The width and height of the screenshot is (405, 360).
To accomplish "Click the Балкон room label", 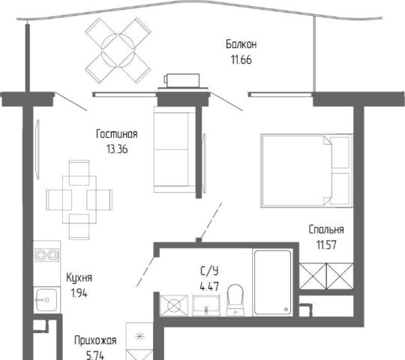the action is point(241,44).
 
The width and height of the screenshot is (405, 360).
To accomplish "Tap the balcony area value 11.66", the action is point(241,60).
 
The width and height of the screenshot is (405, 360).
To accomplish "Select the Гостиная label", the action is point(117,134).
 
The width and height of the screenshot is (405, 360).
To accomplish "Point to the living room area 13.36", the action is point(117,149).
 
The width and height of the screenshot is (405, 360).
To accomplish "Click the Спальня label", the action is point(326,229).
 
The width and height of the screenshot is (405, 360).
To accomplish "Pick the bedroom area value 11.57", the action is point(326,244).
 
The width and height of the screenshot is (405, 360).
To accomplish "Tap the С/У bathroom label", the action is point(209,271).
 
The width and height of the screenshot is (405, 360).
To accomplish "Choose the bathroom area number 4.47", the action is point(209,286).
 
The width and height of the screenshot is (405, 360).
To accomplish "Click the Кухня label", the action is point(79,278).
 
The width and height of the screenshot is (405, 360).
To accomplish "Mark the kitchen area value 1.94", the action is point(79,293).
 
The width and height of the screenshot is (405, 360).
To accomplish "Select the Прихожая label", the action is point(95,340).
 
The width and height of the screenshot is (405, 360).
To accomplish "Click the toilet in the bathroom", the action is point(235,300).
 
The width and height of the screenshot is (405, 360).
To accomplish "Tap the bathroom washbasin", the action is point(206,305).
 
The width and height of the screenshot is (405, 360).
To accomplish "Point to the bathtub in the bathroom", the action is point(273,282).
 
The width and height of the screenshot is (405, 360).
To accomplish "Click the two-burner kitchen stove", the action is point(46,255).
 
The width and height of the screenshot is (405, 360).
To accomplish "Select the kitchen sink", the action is point(46,300).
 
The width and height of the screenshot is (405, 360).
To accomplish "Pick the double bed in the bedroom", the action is point(307,170).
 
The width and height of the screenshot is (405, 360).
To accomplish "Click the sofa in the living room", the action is point(175,149).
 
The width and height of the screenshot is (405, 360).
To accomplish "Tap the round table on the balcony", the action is point(118,50).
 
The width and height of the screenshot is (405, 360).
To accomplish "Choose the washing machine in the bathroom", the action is point(174,305).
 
